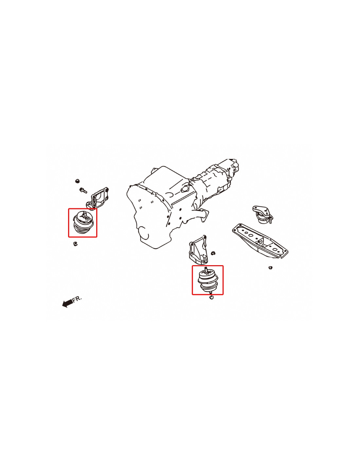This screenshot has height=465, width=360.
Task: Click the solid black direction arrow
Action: (x=67, y=303)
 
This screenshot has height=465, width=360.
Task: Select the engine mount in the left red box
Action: (x=83, y=222)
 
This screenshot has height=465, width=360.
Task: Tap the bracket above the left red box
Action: (x=98, y=198)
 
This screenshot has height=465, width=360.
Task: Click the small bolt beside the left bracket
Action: (x=83, y=190)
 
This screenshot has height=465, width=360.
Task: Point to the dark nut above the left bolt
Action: (x=78, y=181)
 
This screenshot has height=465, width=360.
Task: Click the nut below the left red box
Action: (x=75, y=244)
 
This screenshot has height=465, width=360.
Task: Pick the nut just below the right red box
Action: (x=211, y=297)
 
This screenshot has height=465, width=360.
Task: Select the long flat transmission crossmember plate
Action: (x=260, y=241)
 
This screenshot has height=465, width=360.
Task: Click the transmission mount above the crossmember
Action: (x=262, y=215)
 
